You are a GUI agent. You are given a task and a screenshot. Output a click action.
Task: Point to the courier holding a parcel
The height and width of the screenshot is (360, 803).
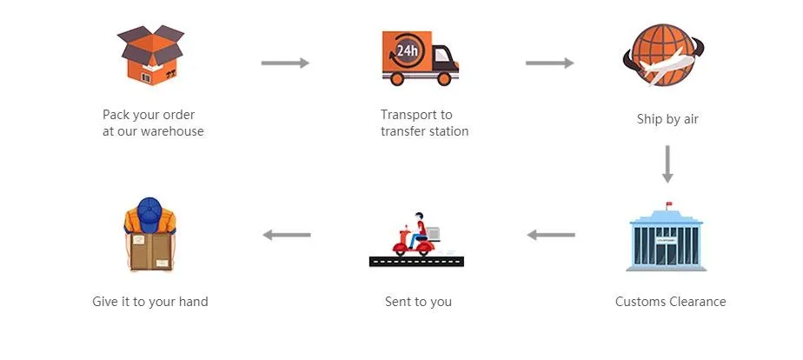tap(151, 236)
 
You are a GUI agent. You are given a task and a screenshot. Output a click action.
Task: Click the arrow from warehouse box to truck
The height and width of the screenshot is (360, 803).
tap(285, 63)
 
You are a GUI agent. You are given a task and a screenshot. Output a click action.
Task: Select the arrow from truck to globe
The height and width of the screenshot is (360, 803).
tap(549, 63)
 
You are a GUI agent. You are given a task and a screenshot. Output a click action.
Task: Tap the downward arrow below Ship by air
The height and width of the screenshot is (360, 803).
tap(667, 163)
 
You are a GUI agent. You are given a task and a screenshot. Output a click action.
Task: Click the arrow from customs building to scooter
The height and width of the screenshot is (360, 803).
tap(551, 234)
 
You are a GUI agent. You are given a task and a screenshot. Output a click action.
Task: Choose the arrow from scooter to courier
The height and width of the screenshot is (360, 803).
tap(287, 234)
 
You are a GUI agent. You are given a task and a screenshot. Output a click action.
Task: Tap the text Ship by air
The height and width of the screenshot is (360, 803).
tap(667, 119)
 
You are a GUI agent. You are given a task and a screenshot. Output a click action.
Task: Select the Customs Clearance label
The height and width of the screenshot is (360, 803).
tap(670, 302)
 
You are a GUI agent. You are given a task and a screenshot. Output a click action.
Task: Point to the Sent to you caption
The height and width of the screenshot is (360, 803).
tap(418, 302)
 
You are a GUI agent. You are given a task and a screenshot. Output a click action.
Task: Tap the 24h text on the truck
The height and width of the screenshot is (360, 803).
tap(407, 50)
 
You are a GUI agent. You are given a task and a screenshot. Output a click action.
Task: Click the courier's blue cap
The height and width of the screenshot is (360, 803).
tap(150, 210)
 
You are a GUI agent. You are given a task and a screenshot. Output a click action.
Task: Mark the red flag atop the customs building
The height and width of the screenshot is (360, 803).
tap(669, 204)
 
